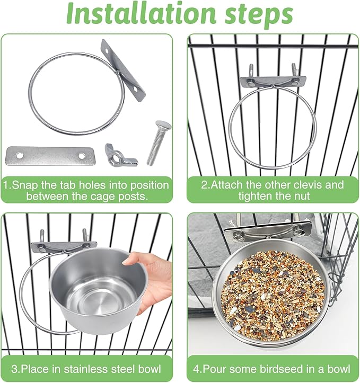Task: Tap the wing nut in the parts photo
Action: pos(120,155)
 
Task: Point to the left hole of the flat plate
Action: pos(19,156)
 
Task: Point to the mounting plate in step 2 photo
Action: pos(272,82)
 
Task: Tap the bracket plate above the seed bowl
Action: pos(268,230)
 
